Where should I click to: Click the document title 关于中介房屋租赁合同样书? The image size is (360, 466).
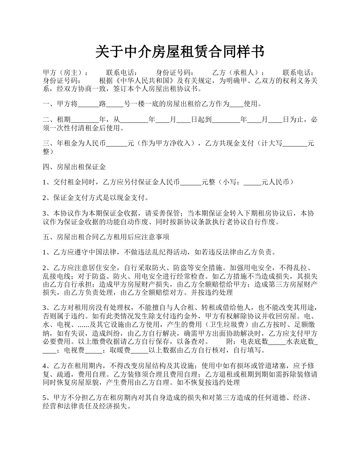point(180,52)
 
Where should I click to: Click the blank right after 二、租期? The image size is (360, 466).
point(85,120)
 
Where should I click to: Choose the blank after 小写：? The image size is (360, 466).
point(253,183)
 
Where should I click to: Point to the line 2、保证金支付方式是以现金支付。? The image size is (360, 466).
point(96,197)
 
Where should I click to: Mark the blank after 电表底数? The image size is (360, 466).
point(277,342)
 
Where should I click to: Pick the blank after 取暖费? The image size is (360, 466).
point(139,350)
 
